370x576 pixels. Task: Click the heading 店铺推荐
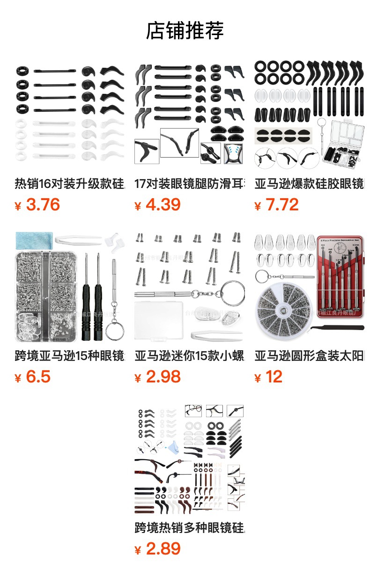pyautogui.click(x=185, y=31)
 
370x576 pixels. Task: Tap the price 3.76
pyautogui.click(x=43, y=205)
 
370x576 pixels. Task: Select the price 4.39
pyautogui.click(x=163, y=205)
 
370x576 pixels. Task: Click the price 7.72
pyautogui.click(x=282, y=205)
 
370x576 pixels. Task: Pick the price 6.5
pyautogui.click(x=38, y=377)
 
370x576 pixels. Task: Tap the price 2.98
pyautogui.click(x=163, y=377)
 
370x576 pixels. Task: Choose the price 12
pyautogui.click(x=274, y=377)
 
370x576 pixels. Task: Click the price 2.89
pyautogui.click(x=163, y=549)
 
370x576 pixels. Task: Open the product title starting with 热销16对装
pyautogui.click(x=70, y=184)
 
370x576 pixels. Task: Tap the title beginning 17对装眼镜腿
pyautogui.click(x=189, y=184)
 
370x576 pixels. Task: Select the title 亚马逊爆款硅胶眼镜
pyautogui.click(x=309, y=184)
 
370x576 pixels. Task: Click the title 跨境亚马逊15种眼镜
pyautogui.click(x=70, y=356)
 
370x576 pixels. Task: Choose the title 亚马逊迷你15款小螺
pyautogui.click(x=189, y=356)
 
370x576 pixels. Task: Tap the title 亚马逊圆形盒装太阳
pyautogui.click(x=309, y=356)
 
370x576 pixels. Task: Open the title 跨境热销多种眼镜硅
pyautogui.click(x=189, y=528)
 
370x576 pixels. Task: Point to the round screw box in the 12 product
pyautogui.click(x=283, y=311)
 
